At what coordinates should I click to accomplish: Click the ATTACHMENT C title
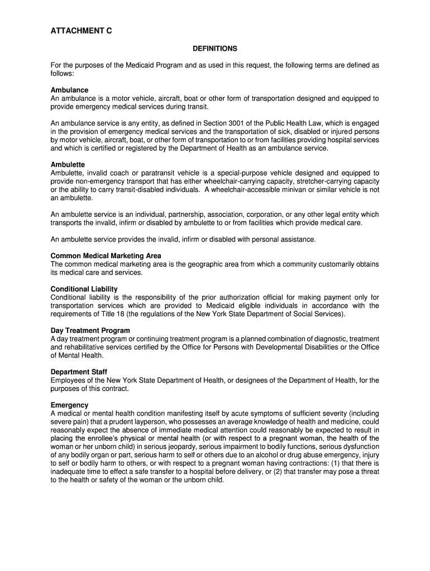coord(81,32)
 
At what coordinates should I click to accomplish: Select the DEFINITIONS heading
coord(215,49)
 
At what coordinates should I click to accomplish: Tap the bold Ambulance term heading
coord(69,90)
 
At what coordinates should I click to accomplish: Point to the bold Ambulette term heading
coord(68,165)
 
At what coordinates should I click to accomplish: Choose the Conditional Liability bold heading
coord(84,289)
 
